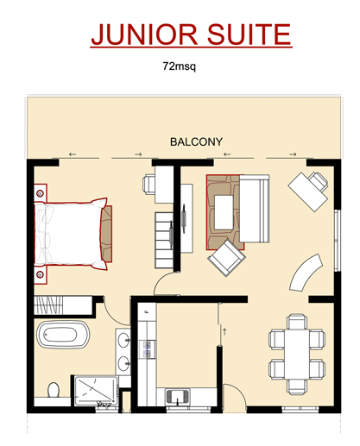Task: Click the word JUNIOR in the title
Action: [144, 35]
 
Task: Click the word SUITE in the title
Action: [249, 35]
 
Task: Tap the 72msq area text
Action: [180, 66]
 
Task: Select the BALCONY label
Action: [196, 141]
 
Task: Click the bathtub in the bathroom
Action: [63, 335]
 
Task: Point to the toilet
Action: [54, 390]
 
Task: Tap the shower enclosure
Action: [96, 390]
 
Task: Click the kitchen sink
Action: [177, 397]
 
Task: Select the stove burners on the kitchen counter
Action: [148, 349]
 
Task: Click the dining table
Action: [297, 354]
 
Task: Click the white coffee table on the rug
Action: [224, 212]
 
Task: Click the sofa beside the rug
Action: [255, 209]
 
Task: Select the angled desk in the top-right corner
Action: [308, 192]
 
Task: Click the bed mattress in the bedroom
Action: [68, 234]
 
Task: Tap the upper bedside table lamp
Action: [40, 193]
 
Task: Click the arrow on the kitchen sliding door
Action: [224, 331]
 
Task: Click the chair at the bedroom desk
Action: [148, 183]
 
